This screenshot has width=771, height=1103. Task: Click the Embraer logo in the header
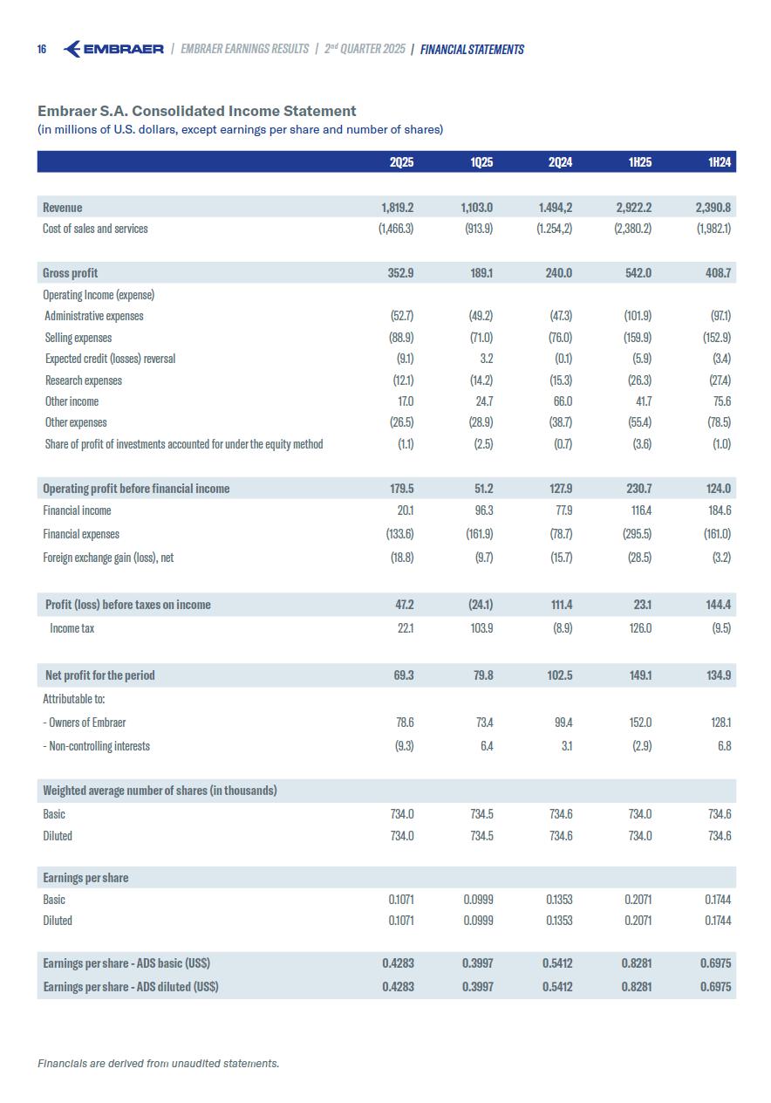coord(113,49)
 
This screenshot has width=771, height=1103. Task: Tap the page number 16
coord(42,49)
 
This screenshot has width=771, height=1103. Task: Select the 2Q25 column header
coord(401,161)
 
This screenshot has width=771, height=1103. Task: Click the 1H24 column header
coord(719,161)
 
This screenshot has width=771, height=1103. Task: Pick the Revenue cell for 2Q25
coord(397,208)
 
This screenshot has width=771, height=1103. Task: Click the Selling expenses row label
coord(78,338)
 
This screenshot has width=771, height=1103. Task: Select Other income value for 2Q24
coord(563,401)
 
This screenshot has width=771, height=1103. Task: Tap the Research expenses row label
coord(84,380)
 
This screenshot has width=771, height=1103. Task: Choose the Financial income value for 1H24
coord(718,510)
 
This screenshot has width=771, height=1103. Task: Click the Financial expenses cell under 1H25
coord(635,534)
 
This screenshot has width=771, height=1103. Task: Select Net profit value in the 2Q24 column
coord(558,675)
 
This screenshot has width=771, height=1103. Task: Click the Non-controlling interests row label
coord(96,746)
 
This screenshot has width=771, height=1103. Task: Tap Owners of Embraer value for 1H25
coord(639,723)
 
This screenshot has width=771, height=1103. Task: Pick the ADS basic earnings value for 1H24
coord(715,963)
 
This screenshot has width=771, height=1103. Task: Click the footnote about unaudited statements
coord(158,1063)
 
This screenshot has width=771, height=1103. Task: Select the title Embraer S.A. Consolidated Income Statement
coord(197,111)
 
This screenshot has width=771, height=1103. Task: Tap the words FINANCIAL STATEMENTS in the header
coord(472,50)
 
